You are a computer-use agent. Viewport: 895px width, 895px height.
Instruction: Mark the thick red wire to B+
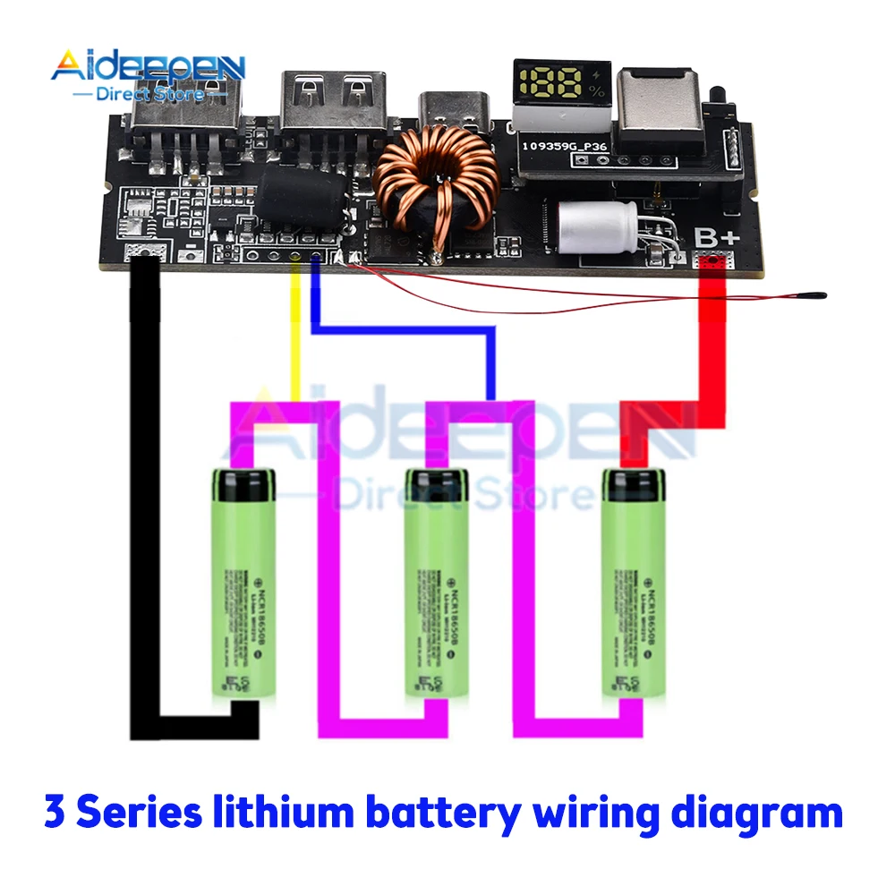coord(712,358)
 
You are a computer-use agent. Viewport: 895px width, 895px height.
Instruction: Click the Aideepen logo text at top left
coord(147,67)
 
